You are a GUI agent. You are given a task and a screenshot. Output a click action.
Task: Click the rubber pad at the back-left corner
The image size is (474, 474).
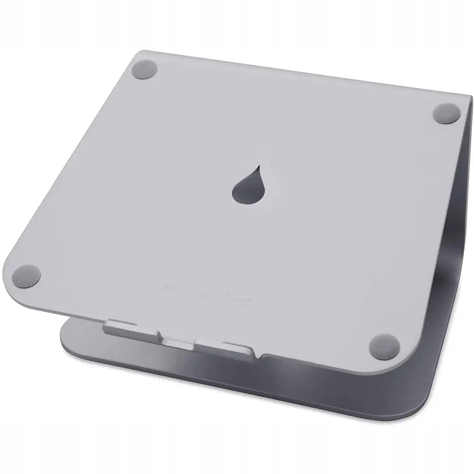[145, 69]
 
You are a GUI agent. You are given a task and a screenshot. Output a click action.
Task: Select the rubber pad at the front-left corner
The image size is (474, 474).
[27, 275]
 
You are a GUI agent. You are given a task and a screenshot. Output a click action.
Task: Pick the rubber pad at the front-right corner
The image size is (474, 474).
[383, 346]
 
